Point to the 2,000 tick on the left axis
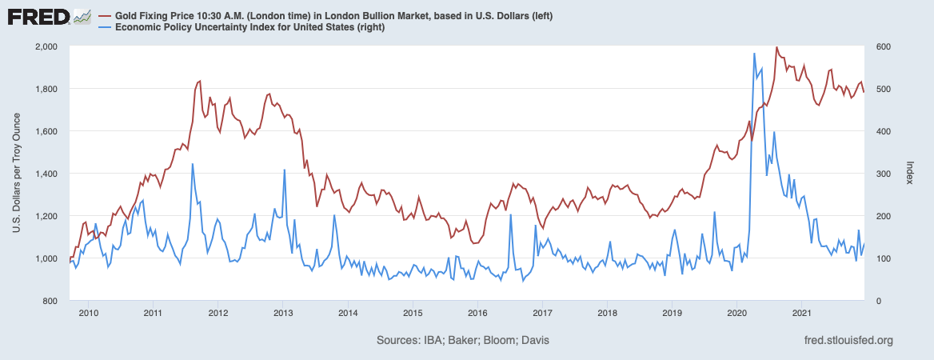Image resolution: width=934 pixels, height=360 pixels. pyautogui.click(x=46, y=46)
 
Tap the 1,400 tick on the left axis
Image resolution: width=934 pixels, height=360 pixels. pyautogui.click(x=46, y=174)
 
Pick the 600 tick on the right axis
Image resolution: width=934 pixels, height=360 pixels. pyautogui.click(x=885, y=46)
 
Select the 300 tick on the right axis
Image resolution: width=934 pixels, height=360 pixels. pyautogui.click(x=885, y=174)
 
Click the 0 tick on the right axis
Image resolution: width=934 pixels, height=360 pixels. pyautogui.click(x=880, y=301)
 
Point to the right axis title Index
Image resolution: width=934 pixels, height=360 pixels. pyautogui.click(x=910, y=174)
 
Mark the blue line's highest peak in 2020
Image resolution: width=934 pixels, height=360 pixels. pyautogui.click(x=754, y=53)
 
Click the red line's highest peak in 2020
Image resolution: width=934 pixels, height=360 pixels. pyautogui.click(x=776, y=47)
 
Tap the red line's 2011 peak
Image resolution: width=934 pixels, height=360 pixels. pyautogui.click(x=200, y=81)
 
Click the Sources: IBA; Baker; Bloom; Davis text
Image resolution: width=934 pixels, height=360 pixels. pyautogui.click(x=462, y=341)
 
